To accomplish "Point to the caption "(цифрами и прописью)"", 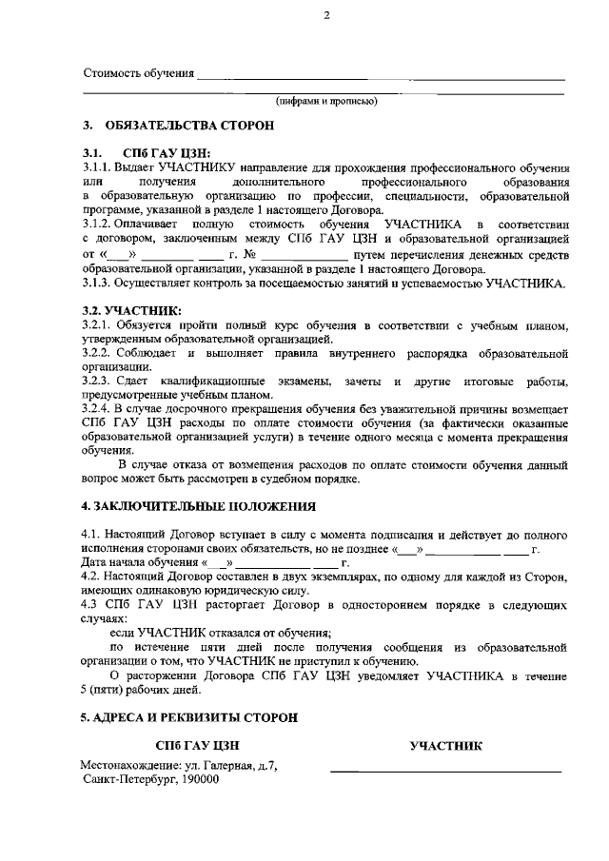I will click(326, 100).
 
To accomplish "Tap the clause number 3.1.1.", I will click(97, 166).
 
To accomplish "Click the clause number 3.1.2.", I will click(97, 223).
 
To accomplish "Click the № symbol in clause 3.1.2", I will click(250, 255).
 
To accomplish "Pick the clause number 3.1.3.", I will click(97, 283).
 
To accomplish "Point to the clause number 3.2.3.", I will click(98, 382).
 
